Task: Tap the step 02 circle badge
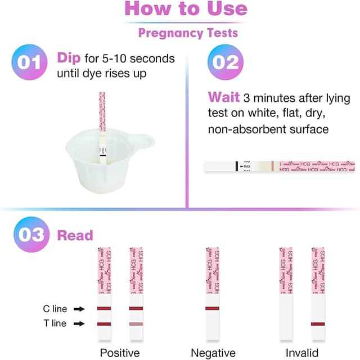pos(226,62)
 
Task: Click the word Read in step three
pos(75,235)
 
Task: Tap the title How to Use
pos(186,8)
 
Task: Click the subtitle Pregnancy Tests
pos(188,33)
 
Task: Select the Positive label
pos(119,353)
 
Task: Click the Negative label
pos(213,353)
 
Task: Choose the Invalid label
pos(302,353)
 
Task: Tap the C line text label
pos(55,309)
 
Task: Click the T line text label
pos(55,323)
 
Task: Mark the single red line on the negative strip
pos(212,309)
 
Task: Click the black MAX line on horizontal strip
pos(236,166)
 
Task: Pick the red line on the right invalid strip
pos(318,323)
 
